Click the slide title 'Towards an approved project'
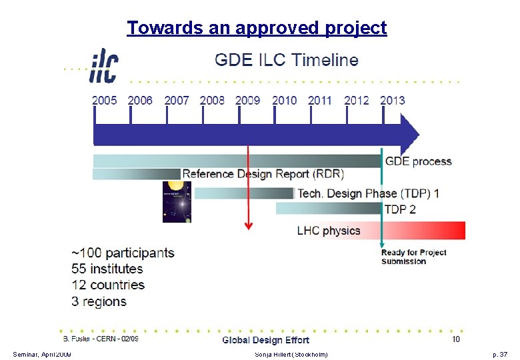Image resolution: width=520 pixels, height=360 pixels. tap(257, 28)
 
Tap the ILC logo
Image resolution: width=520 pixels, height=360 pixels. tap(103, 67)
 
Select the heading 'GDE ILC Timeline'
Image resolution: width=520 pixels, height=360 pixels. tap(286, 60)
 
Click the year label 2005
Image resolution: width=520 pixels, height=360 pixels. tap(104, 101)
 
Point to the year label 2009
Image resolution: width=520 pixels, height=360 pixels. tap(247, 101)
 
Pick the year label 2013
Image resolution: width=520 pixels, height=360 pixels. tap(392, 101)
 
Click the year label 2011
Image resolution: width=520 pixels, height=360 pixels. tap(320, 101)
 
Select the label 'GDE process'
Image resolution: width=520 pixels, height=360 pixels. tap(418, 161)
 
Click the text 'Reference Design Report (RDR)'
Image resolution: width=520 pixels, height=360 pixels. tap(263, 174)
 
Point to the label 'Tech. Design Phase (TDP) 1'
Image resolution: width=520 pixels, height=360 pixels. tap(368, 193)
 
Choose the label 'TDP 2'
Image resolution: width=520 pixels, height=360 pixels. tap(400, 209)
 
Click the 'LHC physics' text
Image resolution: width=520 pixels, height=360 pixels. tap(329, 231)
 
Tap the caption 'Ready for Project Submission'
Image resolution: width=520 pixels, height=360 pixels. tap(413, 257)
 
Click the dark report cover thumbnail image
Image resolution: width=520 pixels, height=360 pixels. tap(177, 201)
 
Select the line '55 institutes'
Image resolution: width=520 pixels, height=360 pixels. tap(107, 269)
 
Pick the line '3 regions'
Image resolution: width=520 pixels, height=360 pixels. tap(99, 301)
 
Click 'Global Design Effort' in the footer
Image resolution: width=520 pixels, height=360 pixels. tap(265, 340)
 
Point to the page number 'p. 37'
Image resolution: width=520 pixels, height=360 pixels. tap(499, 353)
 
